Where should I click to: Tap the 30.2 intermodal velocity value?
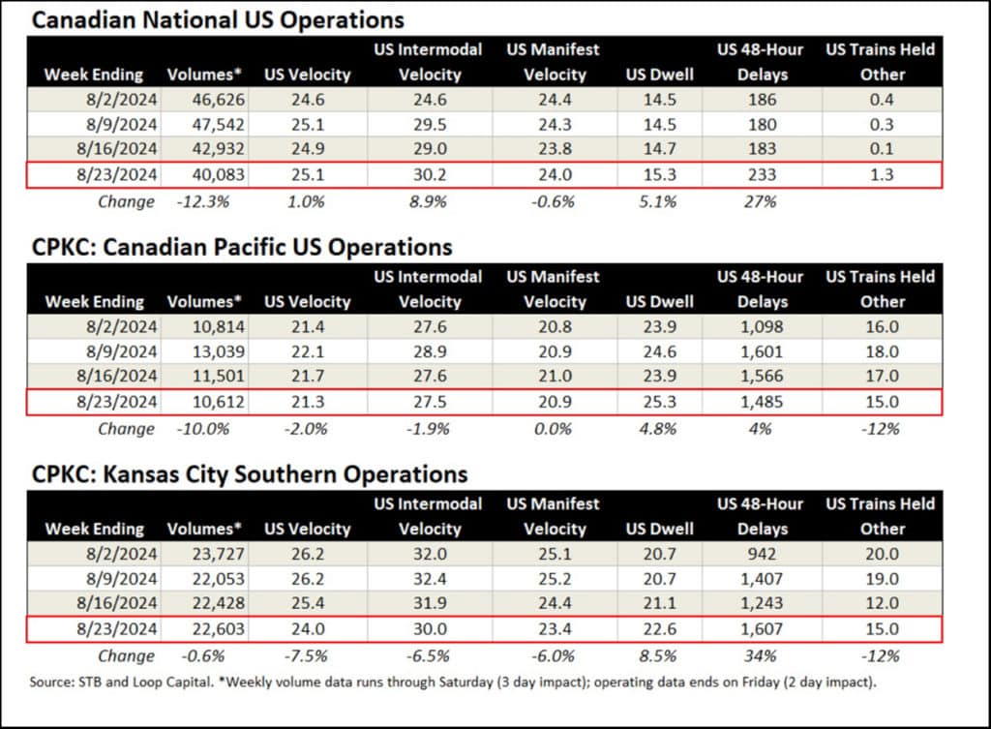coord(430,175)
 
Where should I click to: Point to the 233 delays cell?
coord(761,175)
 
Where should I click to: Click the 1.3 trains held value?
coord(881,175)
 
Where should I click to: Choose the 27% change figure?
coord(761,201)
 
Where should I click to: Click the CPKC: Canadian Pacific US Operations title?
coord(240,247)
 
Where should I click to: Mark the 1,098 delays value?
coord(761,327)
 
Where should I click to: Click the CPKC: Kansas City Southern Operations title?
coord(248,474)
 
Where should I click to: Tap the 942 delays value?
coord(761,555)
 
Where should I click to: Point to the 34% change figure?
coord(761,656)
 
